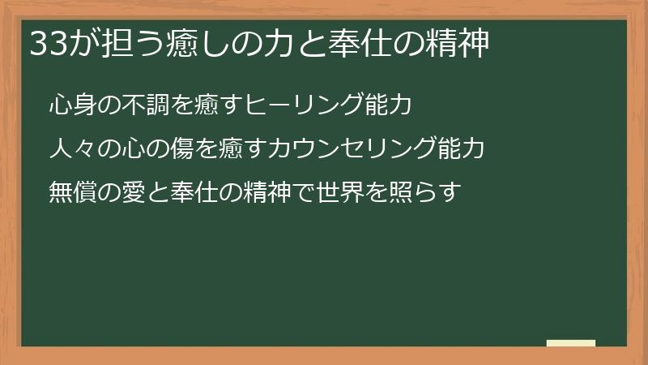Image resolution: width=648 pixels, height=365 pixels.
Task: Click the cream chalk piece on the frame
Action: click(571, 343)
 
